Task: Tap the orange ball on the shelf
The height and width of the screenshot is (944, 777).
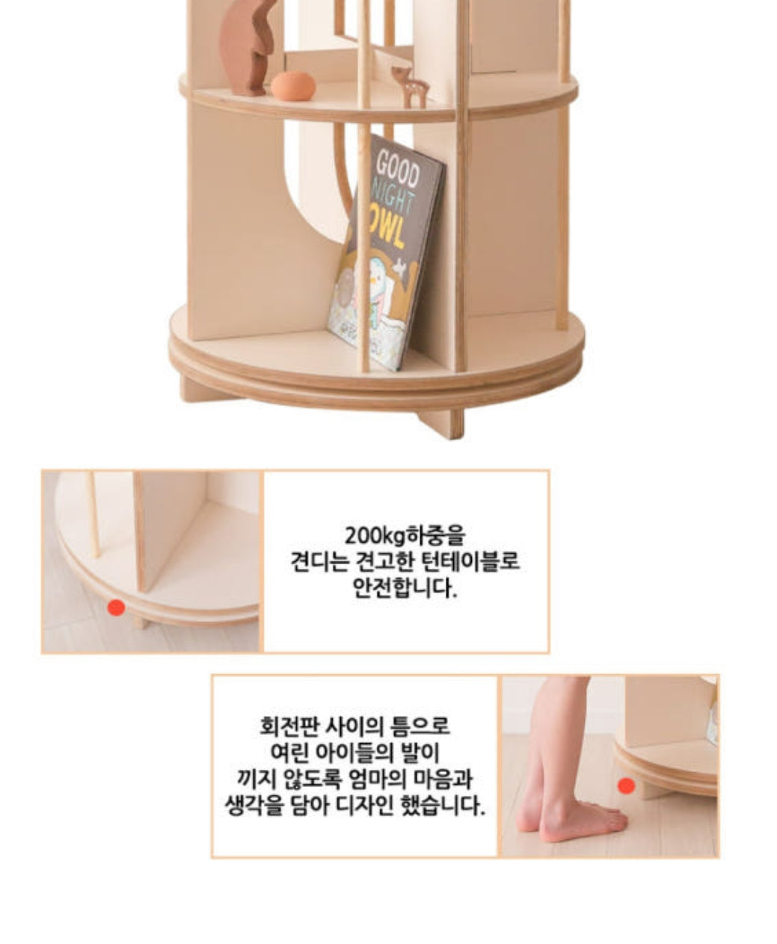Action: coord(293,85)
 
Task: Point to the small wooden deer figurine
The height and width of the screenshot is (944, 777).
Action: coord(411,85)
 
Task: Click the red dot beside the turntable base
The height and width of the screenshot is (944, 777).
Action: coord(117,608)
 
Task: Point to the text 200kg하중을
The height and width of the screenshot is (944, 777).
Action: coord(405,535)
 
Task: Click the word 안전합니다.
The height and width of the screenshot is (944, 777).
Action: coord(405,587)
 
